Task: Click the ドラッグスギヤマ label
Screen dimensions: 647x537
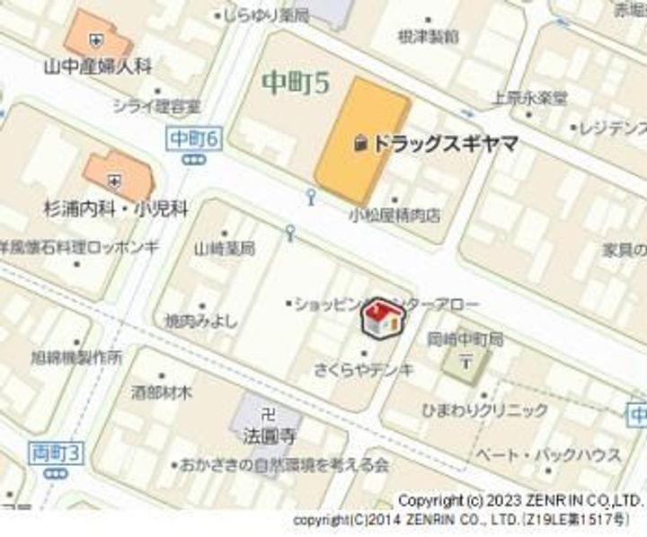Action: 445,143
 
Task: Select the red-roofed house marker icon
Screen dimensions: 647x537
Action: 381,318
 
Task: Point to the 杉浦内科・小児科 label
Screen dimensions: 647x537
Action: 116,209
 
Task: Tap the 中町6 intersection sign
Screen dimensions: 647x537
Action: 193,138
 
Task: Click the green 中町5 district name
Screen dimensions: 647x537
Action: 296,84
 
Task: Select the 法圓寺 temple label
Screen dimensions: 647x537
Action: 268,438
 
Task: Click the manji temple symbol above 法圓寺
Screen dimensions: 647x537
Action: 266,415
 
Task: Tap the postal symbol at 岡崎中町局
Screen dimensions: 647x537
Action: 465,362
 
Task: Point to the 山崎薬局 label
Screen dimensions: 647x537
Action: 225,248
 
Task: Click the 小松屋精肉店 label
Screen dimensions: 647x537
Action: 395,215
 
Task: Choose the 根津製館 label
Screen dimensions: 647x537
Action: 428,36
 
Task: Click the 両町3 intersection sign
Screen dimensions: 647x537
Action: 55,453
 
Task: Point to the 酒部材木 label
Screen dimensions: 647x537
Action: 162,392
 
